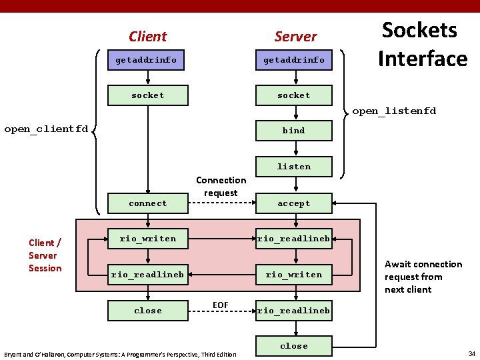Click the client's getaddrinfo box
tap(147, 60)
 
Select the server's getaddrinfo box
tap(294, 60)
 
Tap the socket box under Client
tap(147, 95)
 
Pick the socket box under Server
tap(294, 95)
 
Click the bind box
tap(294, 131)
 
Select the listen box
tap(294, 167)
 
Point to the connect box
tap(147, 203)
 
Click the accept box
tap(294, 203)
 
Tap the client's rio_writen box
tap(147, 239)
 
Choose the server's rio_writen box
tap(294, 275)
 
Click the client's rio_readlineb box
tap(147, 275)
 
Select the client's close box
tap(147, 311)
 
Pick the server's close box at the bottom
tap(294, 346)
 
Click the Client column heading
tap(147, 37)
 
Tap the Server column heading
tap(295, 37)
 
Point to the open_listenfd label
tap(393, 111)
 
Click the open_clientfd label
tap(46, 129)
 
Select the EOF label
tap(220, 305)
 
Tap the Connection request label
tap(221, 187)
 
